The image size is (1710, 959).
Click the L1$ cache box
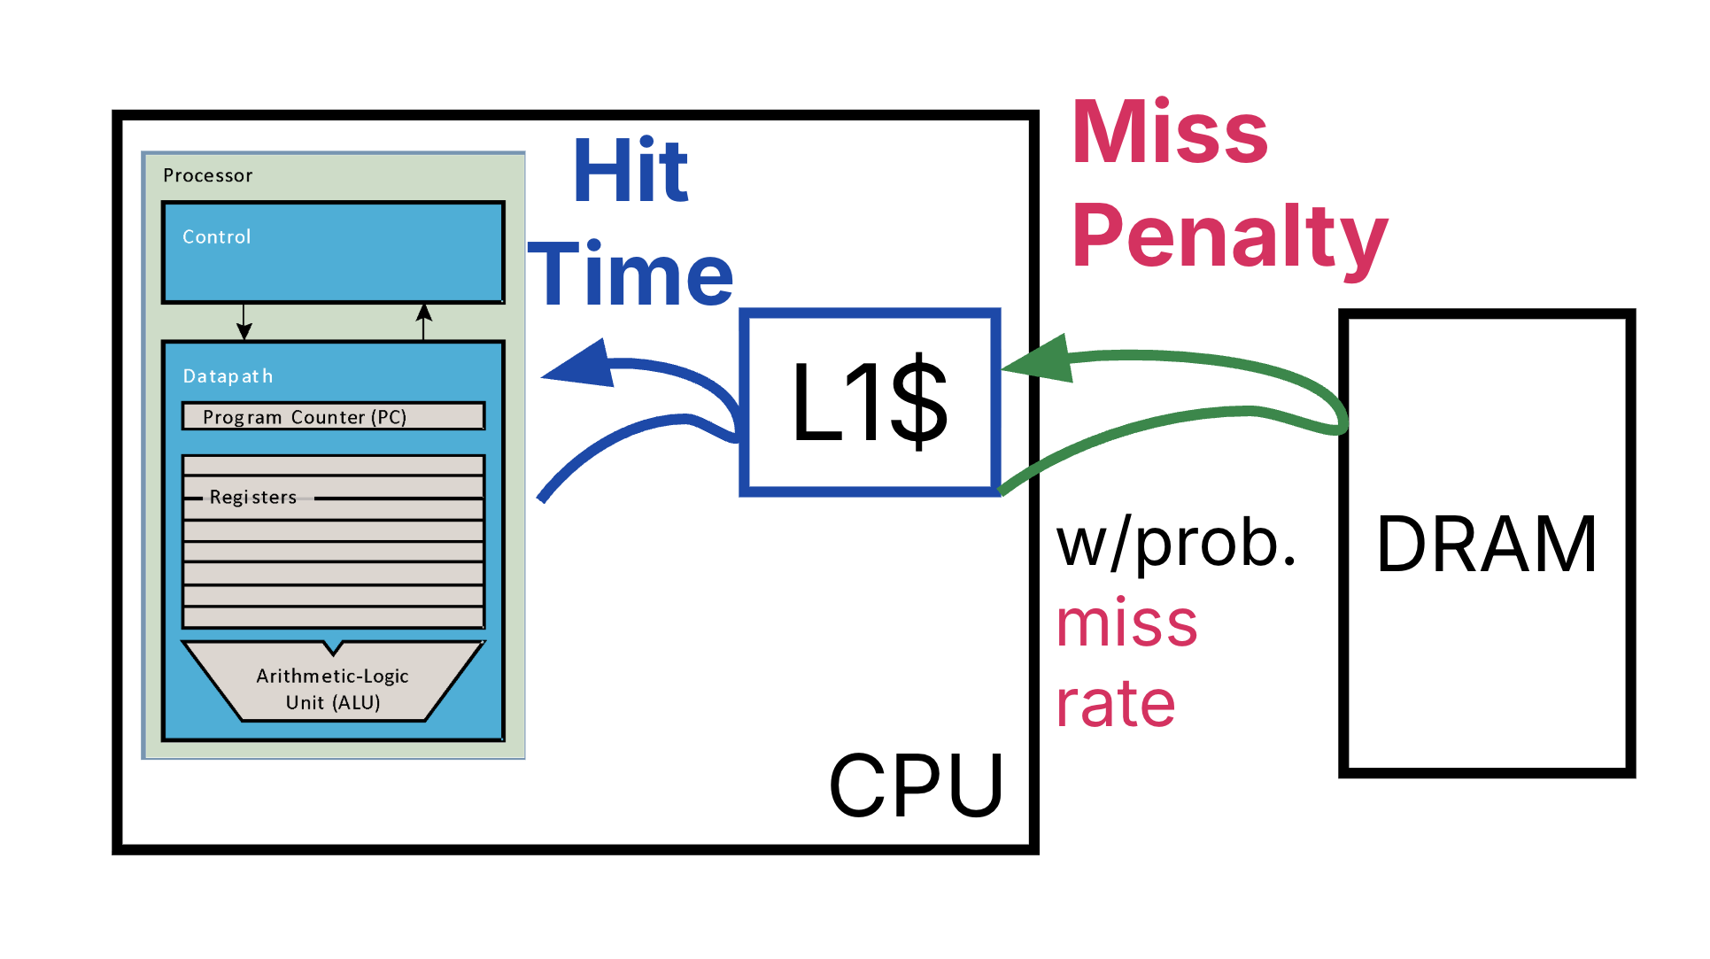pyautogui.click(x=869, y=402)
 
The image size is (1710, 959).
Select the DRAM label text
pyautogui.click(x=1486, y=544)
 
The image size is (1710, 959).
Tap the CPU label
pyautogui.click(x=916, y=785)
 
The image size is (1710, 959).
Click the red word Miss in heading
pyautogui.click(x=1169, y=132)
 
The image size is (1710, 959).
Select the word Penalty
pyautogui.click(x=1228, y=236)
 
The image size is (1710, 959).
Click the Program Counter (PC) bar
pyautogui.click(x=333, y=416)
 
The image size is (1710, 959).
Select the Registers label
pyautogui.click(x=253, y=498)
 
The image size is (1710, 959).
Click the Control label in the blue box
pyautogui.click(x=217, y=236)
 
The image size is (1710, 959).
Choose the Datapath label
pyautogui.click(x=228, y=376)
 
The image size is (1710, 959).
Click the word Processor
pyautogui.click(x=208, y=175)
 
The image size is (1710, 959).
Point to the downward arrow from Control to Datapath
pyautogui.click(x=244, y=322)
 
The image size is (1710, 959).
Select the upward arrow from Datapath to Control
pyautogui.click(x=424, y=321)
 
